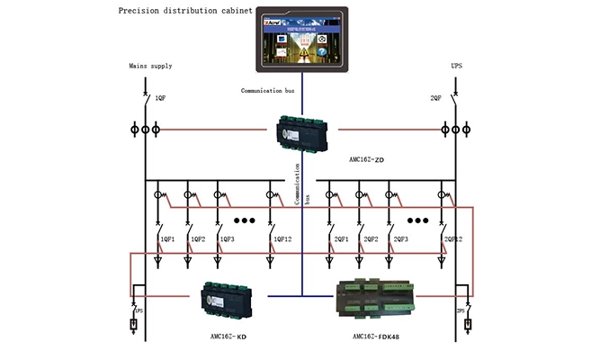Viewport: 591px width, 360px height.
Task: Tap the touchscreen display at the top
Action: [301, 40]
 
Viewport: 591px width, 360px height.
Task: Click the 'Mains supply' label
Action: [150, 66]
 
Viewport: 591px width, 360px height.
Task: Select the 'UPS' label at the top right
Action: [456, 66]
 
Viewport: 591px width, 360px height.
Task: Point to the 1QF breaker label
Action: [160, 98]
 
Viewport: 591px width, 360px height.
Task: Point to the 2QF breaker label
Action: [435, 98]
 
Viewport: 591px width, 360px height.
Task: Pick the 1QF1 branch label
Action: [166, 239]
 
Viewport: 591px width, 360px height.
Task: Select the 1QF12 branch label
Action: [282, 239]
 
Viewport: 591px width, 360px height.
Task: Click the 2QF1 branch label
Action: [341, 239]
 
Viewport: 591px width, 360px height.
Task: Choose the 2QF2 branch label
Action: [370, 239]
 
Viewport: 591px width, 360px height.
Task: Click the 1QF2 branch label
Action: [195, 239]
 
